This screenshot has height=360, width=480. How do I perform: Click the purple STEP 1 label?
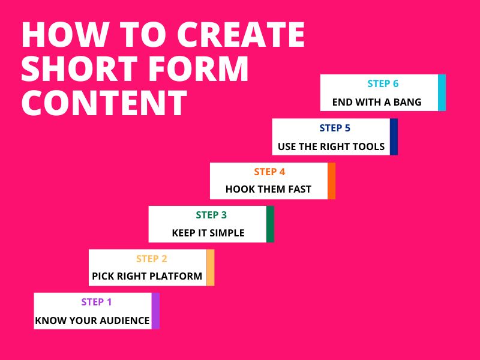pyautogui.click(x=96, y=302)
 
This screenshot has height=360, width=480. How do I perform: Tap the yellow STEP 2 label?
pyautogui.click(x=151, y=259)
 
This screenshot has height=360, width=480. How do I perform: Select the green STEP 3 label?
pyautogui.click(x=211, y=215)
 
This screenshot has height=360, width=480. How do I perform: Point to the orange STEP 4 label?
pyautogui.click(x=269, y=172)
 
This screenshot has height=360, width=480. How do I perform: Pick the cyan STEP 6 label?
pyautogui.click(x=383, y=84)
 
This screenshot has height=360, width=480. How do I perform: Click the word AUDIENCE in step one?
pyautogui.click(x=124, y=320)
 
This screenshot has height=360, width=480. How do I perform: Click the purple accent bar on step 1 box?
pyautogui.click(x=155, y=311)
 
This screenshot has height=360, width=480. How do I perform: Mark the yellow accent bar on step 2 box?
pyautogui.click(x=210, y=268)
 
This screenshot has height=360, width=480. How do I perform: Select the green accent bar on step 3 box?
pyautogui.click(x=270, y=224)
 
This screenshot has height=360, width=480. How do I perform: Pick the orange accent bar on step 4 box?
pyautogui.click(x=331, y=181)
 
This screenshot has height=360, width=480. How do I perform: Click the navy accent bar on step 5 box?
pyautogui.click(x=394, y=137)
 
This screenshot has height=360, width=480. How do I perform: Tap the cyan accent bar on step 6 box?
pyautogui.click(x=442, y=92)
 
